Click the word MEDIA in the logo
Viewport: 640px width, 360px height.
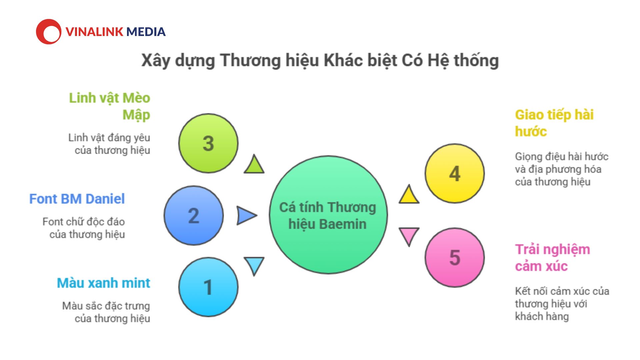(x=146, y=32)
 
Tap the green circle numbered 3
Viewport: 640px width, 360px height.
(x=208, y=143)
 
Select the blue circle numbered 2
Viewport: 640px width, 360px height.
(x=194, y=216)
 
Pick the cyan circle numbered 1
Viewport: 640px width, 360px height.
(x=208, y=287)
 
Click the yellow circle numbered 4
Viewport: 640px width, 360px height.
(x=455, y=173)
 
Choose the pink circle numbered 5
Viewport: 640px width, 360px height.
(x=455, y=257)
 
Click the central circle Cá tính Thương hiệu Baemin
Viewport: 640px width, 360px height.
(x=328, y=215)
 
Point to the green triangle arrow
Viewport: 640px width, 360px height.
(x=254, y=165)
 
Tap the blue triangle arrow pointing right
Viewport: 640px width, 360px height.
(x=246, y=215)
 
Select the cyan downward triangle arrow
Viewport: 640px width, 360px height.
(x=254, y=266)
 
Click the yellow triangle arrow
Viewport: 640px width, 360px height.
(x=409, y=195)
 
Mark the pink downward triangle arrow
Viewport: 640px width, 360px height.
(x=409, y=236)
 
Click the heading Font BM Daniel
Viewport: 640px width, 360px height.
(x=77, y=199)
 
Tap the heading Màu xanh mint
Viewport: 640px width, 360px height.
(x=104, y=283)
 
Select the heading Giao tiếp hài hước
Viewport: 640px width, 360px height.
(x=554, y=123)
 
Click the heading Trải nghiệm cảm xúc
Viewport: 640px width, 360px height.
(x=553, y=258)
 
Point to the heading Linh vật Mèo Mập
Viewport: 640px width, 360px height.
(x=110, y=106)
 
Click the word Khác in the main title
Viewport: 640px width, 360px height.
(x=344, y=60)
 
